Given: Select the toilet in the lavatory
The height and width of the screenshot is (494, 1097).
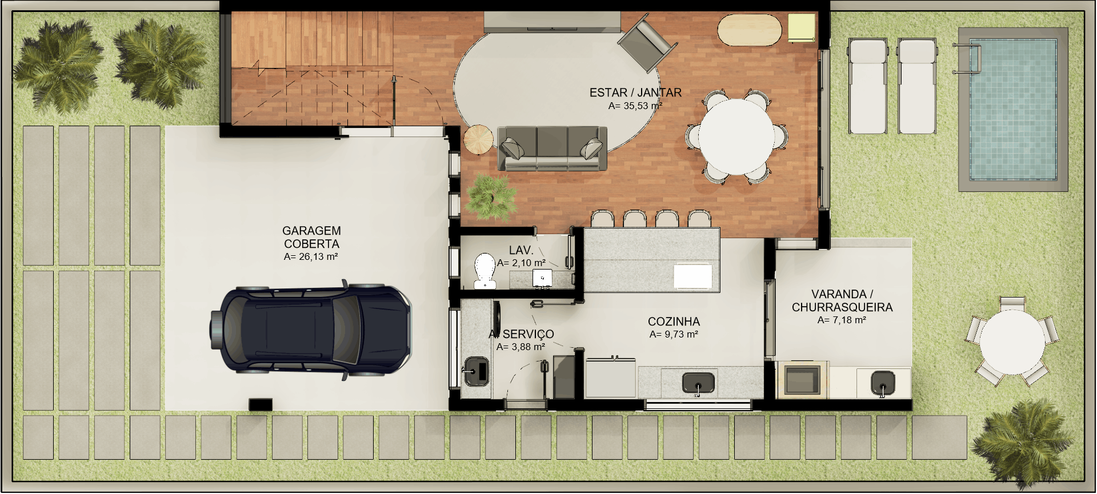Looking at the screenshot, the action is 485,271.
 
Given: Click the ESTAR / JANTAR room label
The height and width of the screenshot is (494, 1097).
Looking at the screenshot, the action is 635,93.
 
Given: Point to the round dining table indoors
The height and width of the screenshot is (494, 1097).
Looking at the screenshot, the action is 736,137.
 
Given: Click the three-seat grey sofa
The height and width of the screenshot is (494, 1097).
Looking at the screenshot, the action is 552,148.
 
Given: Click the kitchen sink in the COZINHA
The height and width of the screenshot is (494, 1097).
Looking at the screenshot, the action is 698,383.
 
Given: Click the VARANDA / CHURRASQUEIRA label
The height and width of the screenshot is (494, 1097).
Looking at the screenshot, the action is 842,300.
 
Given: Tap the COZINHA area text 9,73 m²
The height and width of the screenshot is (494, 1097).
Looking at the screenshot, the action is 674,335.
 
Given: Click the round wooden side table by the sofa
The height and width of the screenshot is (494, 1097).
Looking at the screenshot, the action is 478,139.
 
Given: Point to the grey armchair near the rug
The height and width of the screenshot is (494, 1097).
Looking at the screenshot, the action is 647,43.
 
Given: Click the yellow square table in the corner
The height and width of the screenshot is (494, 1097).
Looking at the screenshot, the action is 802,27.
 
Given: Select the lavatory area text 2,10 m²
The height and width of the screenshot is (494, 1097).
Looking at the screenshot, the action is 521,263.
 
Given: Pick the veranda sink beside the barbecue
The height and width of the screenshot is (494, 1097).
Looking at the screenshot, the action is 883,383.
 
